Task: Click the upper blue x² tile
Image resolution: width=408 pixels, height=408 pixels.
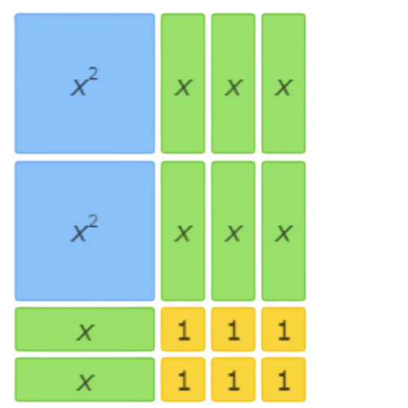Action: pyautogui.click(x=85, y=83)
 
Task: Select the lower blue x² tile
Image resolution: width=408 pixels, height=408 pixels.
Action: pyautogui.click(x=85, y=231)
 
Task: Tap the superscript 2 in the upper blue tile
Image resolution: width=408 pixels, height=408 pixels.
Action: pyautogui.click(x=93, y=73)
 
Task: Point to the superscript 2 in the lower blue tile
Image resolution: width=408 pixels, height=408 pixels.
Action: pyautogui.click(x=93, y=221)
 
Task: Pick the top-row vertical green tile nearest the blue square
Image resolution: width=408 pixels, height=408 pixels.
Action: pyautogui.click(x=183, y=83)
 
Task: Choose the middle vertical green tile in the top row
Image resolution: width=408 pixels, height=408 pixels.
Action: pyautogui.click(x=233, y=83)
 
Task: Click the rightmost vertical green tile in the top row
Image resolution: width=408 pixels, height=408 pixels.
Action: pyautogui.click(x=284, y=83)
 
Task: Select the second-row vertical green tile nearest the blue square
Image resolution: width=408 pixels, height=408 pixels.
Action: pyautogui.click(x=183, y=231)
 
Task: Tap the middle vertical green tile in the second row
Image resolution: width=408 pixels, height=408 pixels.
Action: pyautogui.click(x=233, y=231)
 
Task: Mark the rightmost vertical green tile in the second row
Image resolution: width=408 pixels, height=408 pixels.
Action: pyautogui.click(x=284, y=231)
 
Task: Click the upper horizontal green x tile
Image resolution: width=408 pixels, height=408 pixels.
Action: pyautogui.click(x=85, y=329)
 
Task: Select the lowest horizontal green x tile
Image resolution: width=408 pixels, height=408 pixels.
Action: pyautogui.click(x=85, y=379)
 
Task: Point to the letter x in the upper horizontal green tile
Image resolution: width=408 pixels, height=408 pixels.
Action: pyautogui.click(x=86, y=332)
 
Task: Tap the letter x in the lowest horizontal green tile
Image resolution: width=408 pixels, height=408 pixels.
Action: pyautogui.click(x=86, y=383)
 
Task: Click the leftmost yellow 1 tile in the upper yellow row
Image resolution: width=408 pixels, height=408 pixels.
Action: pyautogui.click(x=183, y=329)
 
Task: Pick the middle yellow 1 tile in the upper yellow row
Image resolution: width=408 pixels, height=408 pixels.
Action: pyautogui.click(x=233, y=329)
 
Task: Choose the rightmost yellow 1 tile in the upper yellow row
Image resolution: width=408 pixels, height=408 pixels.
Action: pyautogui.click(x=284, y=329)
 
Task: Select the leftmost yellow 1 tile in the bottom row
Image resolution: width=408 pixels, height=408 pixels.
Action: pyautogui.click(x=183, y=379)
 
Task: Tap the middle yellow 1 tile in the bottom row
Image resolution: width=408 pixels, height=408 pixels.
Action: pyautogui.click(x=233, y=379)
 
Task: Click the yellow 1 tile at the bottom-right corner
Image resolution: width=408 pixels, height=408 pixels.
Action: pyautogui.click(x=284, y=379)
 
